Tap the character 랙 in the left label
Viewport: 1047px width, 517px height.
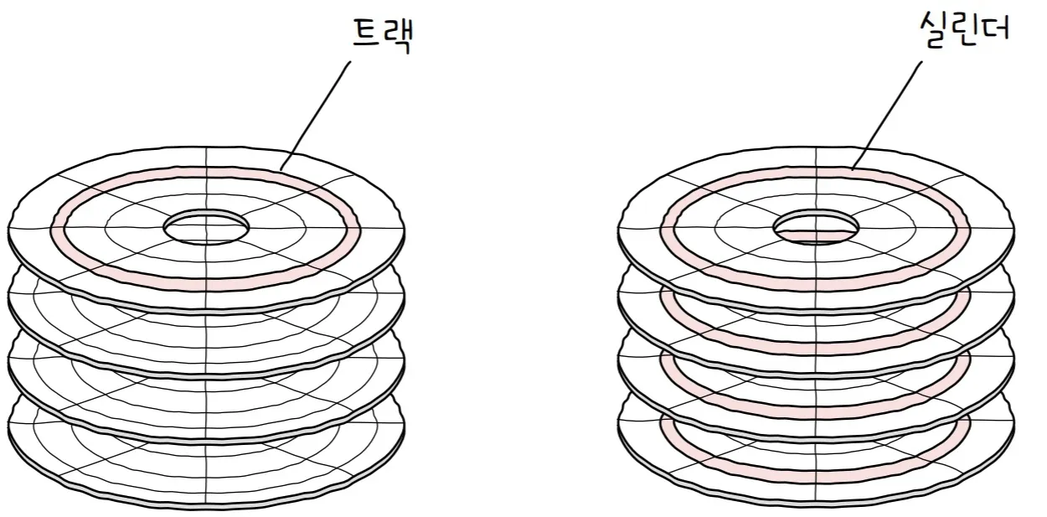[x=400, y=39]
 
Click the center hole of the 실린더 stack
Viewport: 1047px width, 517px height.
[x=817, y=225]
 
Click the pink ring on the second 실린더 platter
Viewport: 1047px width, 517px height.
[x=817, y=344]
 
